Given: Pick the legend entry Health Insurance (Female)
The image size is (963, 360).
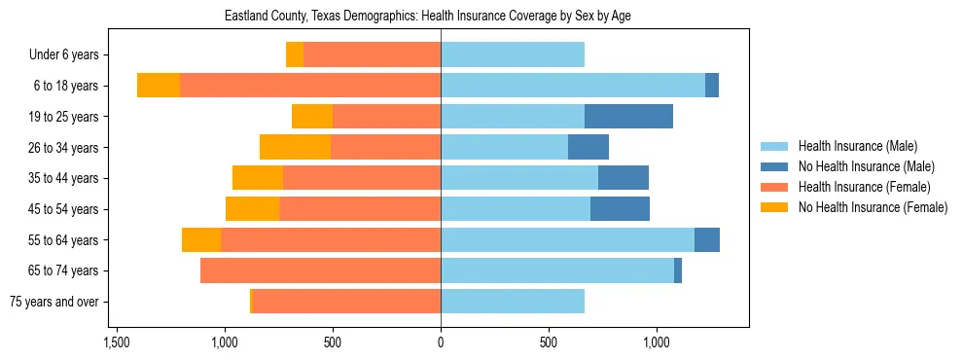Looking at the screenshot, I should pyautogui.click(x=864, y=187).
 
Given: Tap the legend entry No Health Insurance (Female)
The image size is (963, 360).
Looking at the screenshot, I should pyautogui.click(x=873, y=207).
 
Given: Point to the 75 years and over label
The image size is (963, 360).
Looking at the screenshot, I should pyautogui.click(x=54, y=302).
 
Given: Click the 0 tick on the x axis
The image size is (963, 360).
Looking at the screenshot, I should pyautogui.click(x=441, y=342).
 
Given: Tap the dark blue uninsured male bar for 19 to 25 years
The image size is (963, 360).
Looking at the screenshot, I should pyautogui.click(x=628, y=117).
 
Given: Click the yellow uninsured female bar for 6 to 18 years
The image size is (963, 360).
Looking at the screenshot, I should pyautogui.click(x=159, y=86).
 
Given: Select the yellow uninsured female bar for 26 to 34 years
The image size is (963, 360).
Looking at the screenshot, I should pyautogui.click(x=295, y=147).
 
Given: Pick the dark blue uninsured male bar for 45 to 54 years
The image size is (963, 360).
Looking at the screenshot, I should pyautogui.click(x=620, y=209).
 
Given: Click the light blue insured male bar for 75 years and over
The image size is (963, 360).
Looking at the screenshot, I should pyautogui.click(x=513, y=302).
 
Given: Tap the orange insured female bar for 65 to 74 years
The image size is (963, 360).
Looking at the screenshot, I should pyautogui.click(x=320, y=270).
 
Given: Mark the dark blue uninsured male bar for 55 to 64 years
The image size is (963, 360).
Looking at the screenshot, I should pyautogui.click(x=707, y=239).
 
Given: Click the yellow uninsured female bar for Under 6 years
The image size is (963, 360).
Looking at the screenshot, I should pyautogui.click(x=295, y=55).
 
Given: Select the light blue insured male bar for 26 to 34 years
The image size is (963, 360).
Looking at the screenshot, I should pyautogui.click(x=504, y=147).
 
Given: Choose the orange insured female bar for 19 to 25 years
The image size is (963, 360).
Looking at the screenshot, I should pyautogui.click(x=386, y=117).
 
